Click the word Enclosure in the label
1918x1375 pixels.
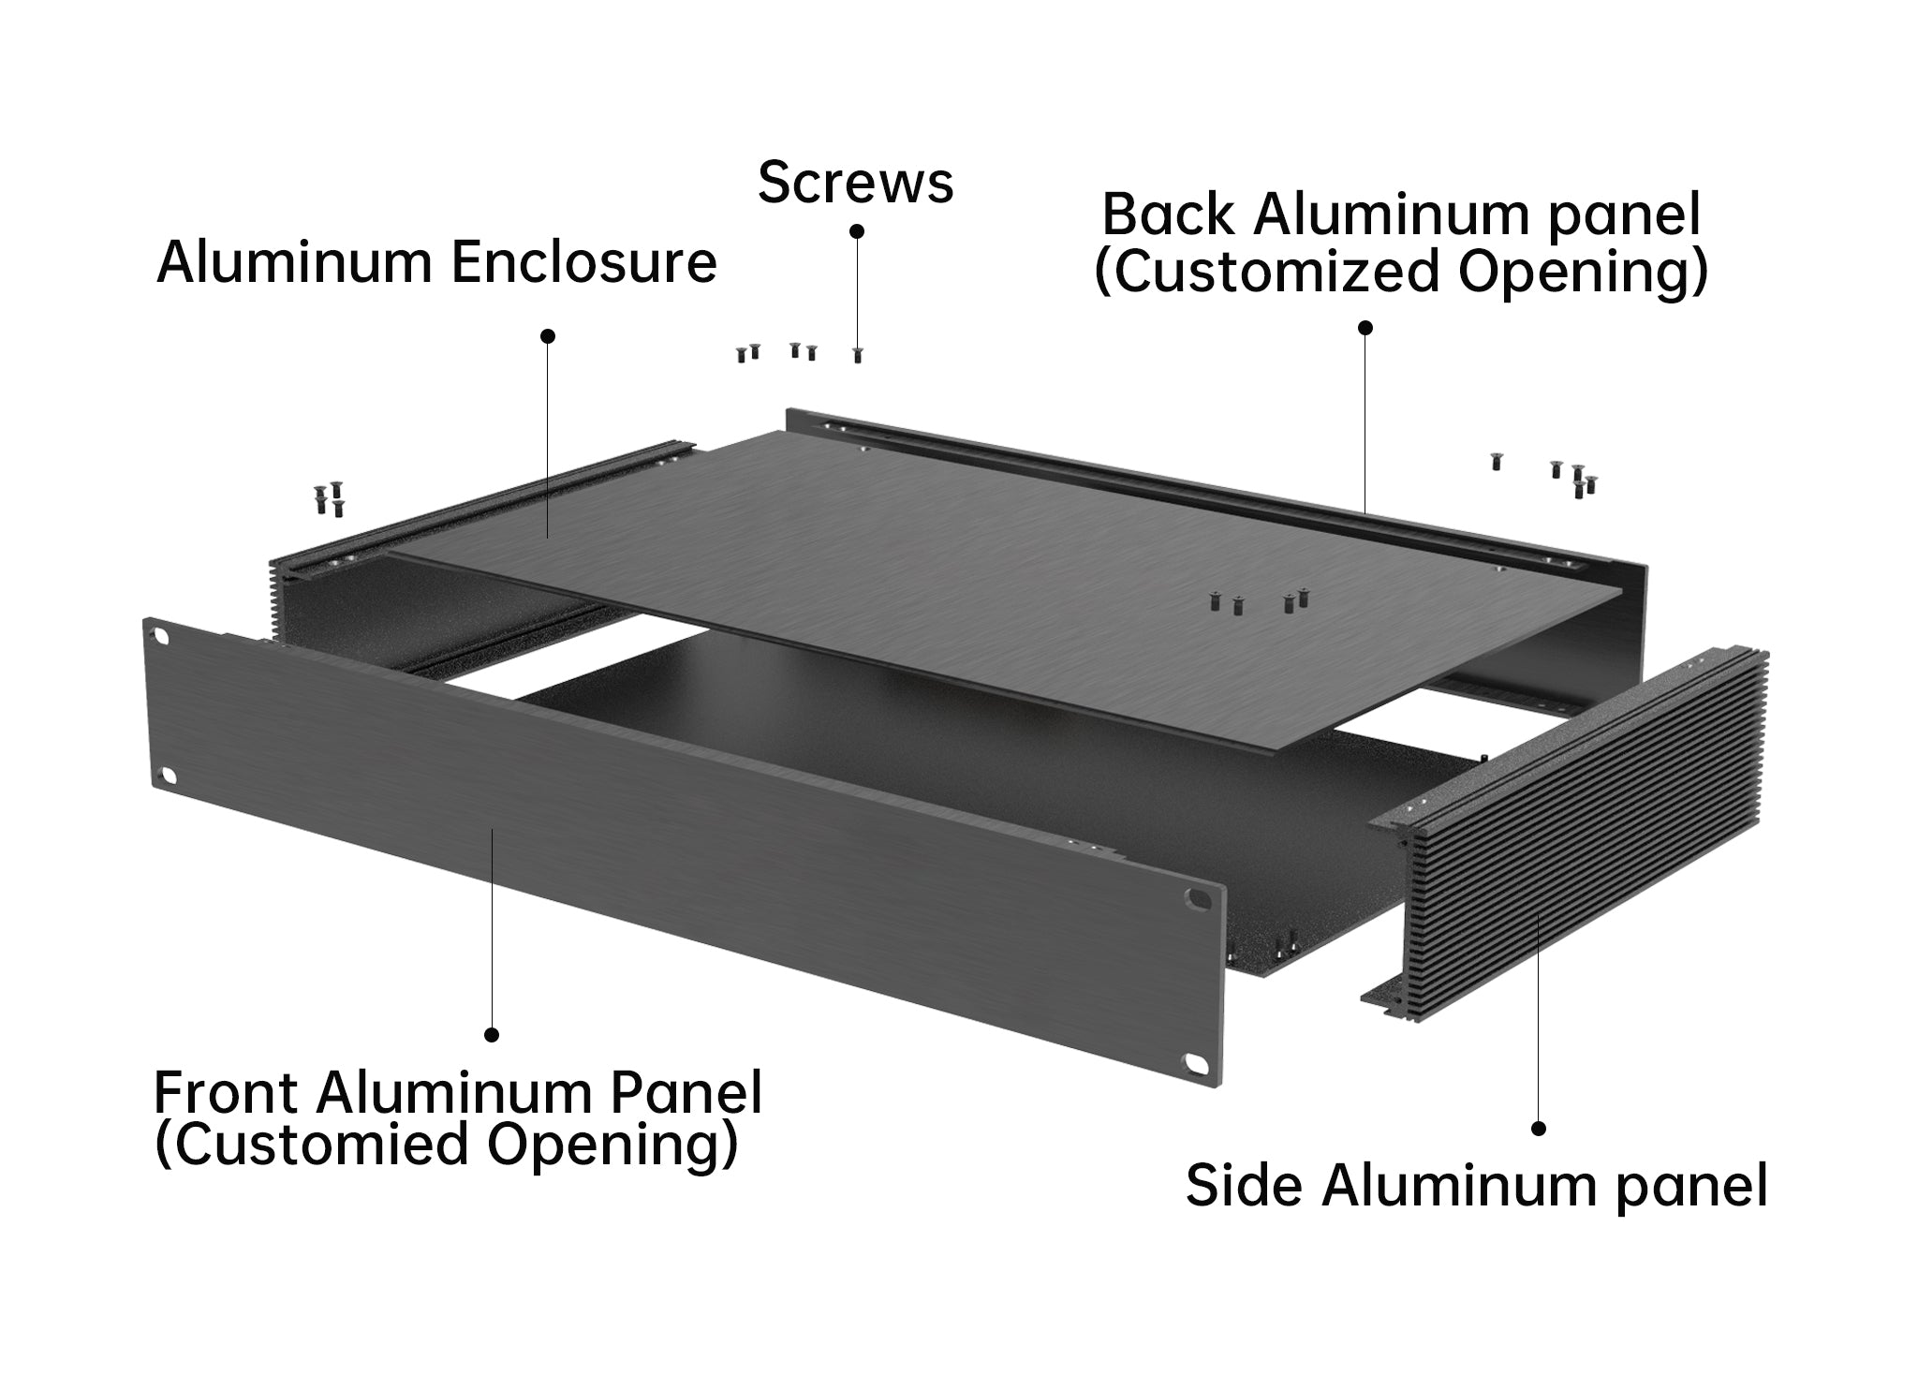coord(583,262)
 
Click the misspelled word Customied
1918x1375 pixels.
coord(322,1144)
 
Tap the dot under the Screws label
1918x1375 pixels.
coord(856,230)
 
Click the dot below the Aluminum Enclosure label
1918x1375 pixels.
coord(549,335)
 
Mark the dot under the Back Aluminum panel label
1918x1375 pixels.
coord(1365,328)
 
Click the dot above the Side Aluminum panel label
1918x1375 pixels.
coord(1538,1129)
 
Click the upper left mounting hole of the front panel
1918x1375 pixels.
coord(161,636)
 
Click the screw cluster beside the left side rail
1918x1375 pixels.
coord(330,499)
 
